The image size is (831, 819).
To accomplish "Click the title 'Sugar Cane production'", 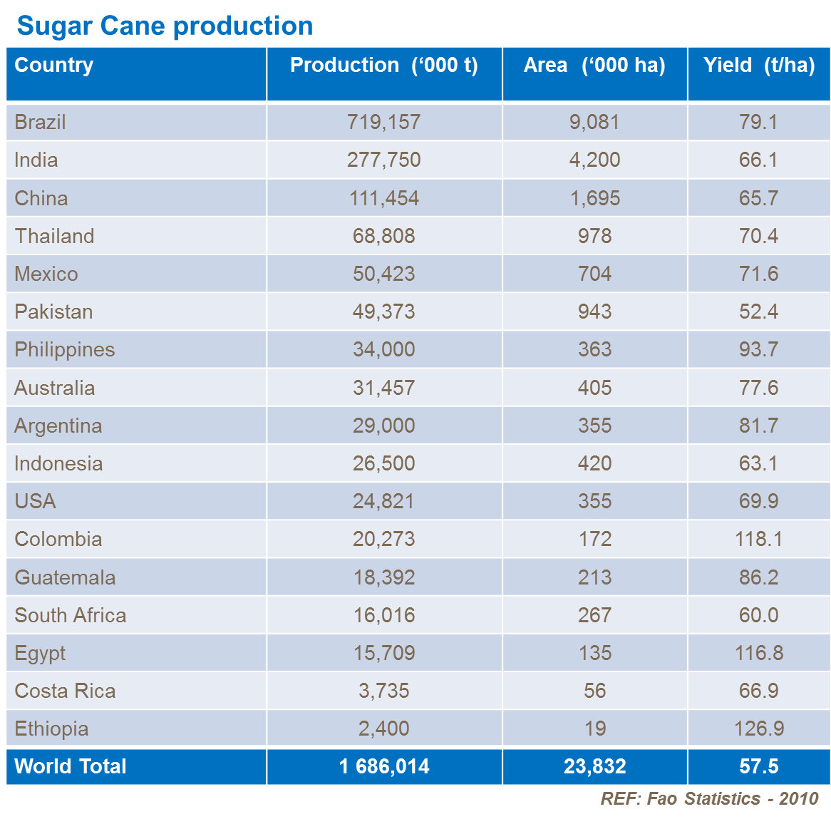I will pos(165,26).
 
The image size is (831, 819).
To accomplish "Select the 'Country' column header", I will pos(54,65).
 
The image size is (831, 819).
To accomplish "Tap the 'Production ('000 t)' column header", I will pos(384,65).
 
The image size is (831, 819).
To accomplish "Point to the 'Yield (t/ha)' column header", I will pos(759,65).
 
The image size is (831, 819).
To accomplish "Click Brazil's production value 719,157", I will pos(384,122).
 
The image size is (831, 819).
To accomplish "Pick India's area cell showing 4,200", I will pos(594,160).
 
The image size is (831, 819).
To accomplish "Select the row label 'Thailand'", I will pos(55,236).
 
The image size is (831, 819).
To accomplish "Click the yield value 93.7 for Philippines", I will pos(758,349).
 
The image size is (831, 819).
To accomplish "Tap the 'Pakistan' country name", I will pos(54,311).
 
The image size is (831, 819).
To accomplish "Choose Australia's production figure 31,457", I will pos(384,388).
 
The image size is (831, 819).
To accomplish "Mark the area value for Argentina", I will pos(594,426).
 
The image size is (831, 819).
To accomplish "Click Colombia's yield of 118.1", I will pos(758,539).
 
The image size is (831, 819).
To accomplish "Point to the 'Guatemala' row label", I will pos(65,577).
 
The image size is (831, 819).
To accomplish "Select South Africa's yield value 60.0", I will pos(758,615).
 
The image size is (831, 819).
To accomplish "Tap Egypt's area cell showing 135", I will pos(594,653).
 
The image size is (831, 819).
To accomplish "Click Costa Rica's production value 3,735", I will pos(384,691).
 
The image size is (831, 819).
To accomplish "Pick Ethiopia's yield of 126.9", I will pos(758,728).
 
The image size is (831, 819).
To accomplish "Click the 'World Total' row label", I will pos(71,766).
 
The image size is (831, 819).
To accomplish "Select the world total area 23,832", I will pos(594,766).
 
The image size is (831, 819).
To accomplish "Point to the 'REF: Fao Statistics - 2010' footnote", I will pos(709,798).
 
